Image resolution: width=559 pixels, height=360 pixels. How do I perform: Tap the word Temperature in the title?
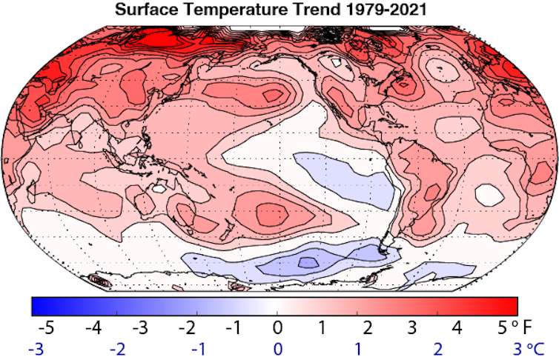231,10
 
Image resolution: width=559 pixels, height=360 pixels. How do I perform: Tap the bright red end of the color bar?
512,306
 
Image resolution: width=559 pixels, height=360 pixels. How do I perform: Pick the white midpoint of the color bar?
275,306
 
